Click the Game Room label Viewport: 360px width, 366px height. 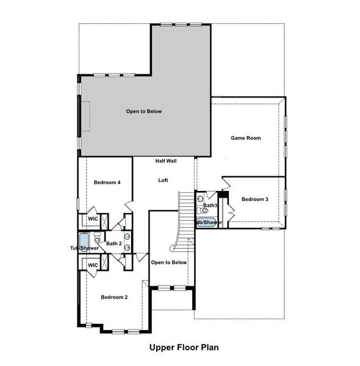[x=245, y=138]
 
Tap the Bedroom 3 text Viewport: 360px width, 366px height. [x=254, y=199]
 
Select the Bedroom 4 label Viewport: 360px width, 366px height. [x=107, y=182]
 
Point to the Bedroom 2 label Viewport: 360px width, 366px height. [x=114, y=297]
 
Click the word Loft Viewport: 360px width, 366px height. [x=163, y=180]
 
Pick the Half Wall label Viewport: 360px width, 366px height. [x=166, y=160]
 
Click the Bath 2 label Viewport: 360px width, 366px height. [x=114, y=244]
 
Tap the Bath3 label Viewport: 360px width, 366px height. [x=211, y=206]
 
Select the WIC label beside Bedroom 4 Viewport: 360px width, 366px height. [x=93, y=218]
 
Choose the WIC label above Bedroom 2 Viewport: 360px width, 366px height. [x=93, y=265]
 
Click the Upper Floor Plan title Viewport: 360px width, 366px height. [x=184, y=348]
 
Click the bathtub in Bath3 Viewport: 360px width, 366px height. [x=206, y=222]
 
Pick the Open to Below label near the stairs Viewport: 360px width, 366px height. [x=168, y=262]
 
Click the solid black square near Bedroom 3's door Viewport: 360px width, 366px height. [x=223, y=195]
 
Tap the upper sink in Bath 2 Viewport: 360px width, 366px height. [x=127, y=236]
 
